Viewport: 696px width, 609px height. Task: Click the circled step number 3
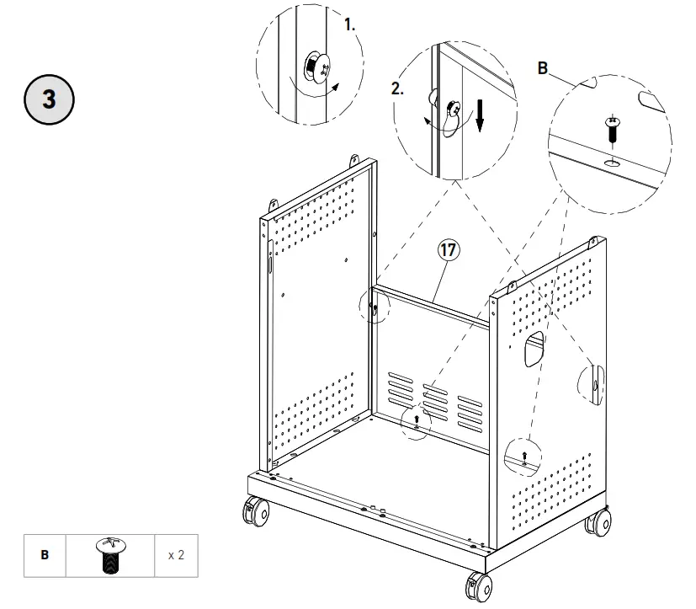click(x=49, y=99)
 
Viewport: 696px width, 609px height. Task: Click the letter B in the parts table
click(x=45, y=556)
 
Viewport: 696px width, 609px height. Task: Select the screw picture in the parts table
click(x=110, y=556)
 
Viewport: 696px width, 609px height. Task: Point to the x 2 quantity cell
click(x=176, y=556)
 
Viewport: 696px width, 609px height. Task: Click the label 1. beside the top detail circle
click(x=350, y=25)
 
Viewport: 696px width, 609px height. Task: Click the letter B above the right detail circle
click(x=543, y=68)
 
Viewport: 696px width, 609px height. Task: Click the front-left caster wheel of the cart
click(x=256, y=512)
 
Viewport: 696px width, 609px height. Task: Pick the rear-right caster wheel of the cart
click(x=598, y=524)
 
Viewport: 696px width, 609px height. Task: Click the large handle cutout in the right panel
click(x=531, y=345)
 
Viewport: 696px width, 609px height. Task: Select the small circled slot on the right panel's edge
click(x=594, y=384)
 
